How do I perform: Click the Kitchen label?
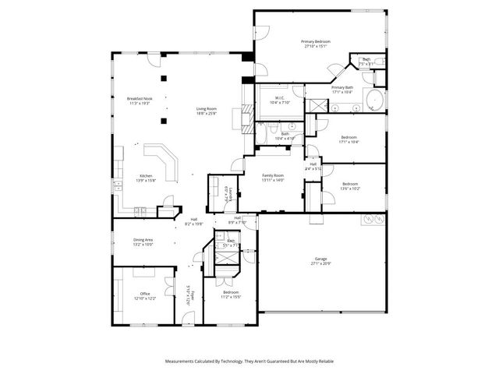(146, 176)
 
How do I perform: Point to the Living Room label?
(206, 109)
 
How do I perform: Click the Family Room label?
(272, 176)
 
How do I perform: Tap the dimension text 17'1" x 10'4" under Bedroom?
(349, 142)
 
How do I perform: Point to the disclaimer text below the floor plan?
(249, 362)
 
